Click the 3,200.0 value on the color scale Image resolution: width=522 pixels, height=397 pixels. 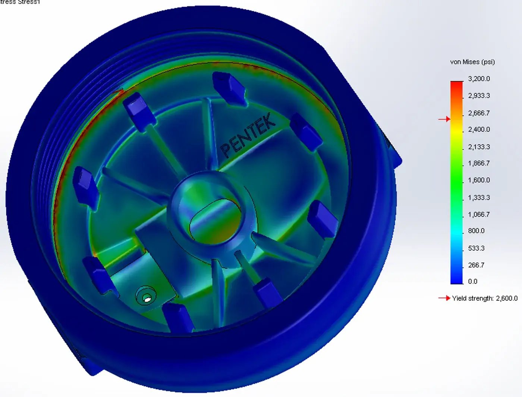coord(479,79)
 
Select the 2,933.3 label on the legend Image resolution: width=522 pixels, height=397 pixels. coord(479,96)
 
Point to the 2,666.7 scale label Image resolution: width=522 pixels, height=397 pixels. coord(479,113)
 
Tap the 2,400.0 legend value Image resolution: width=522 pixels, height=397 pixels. coord(479,129)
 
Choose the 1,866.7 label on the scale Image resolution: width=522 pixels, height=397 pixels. coord(479,163)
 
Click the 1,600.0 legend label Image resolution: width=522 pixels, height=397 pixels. coord(479,180)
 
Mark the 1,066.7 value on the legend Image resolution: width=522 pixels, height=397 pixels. coord(479,215)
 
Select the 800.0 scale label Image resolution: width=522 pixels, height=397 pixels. coord(476,231)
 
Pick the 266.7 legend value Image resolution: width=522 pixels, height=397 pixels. coord(476,265)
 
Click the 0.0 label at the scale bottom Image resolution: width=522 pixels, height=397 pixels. coord(472,281)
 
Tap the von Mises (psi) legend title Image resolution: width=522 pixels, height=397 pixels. coord(472,62)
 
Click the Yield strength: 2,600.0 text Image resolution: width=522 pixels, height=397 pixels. coord(485,298)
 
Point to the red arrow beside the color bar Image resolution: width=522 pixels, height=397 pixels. coord(444,119)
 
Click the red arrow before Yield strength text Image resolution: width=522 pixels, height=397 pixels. coord(444,298)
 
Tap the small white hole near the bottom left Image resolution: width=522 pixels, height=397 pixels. coord(147,299)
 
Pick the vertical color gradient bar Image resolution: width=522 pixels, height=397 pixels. coord(456,182)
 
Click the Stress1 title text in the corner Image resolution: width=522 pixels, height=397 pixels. coord(28,2)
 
